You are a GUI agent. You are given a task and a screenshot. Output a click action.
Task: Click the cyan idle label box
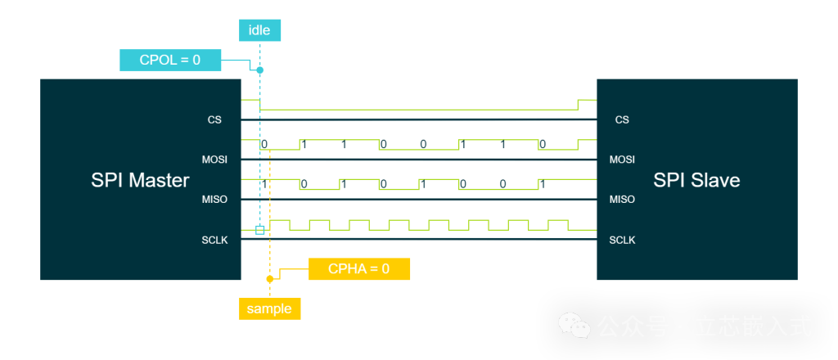pos(259,31)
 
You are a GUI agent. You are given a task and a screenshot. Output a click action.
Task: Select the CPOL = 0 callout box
pos(171,60)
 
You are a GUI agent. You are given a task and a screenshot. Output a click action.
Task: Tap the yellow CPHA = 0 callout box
pos(358,269)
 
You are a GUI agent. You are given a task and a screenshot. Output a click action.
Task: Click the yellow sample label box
pos(269,308)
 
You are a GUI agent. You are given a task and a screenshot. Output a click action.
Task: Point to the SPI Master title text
pos(140,180)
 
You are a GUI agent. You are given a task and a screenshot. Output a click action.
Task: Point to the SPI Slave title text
pos(696,180)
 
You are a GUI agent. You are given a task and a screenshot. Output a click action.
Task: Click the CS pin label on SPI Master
pos(214,119)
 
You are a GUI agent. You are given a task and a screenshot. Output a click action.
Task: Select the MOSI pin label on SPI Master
pos(214,160)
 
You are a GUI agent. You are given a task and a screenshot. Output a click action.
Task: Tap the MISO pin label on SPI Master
pos(214,200)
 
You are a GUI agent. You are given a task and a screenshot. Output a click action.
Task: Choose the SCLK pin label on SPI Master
pos(214,240)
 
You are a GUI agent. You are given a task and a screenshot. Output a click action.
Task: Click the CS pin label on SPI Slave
pos(622,119)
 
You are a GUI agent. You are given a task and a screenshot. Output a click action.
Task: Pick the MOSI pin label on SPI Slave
pos(622,160)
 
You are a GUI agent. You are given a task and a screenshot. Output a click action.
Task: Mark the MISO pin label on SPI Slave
pos(622,200)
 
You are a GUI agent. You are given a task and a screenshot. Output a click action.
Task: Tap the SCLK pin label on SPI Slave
pos(622,240)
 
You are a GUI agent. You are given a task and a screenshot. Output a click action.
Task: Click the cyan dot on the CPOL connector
pos(259,70)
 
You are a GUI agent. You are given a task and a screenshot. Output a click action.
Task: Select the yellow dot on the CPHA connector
pos(269,279)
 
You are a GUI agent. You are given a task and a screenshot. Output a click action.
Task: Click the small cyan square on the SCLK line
pos(260,230)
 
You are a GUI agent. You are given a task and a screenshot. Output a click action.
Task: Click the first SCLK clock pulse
pos(279,224)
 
